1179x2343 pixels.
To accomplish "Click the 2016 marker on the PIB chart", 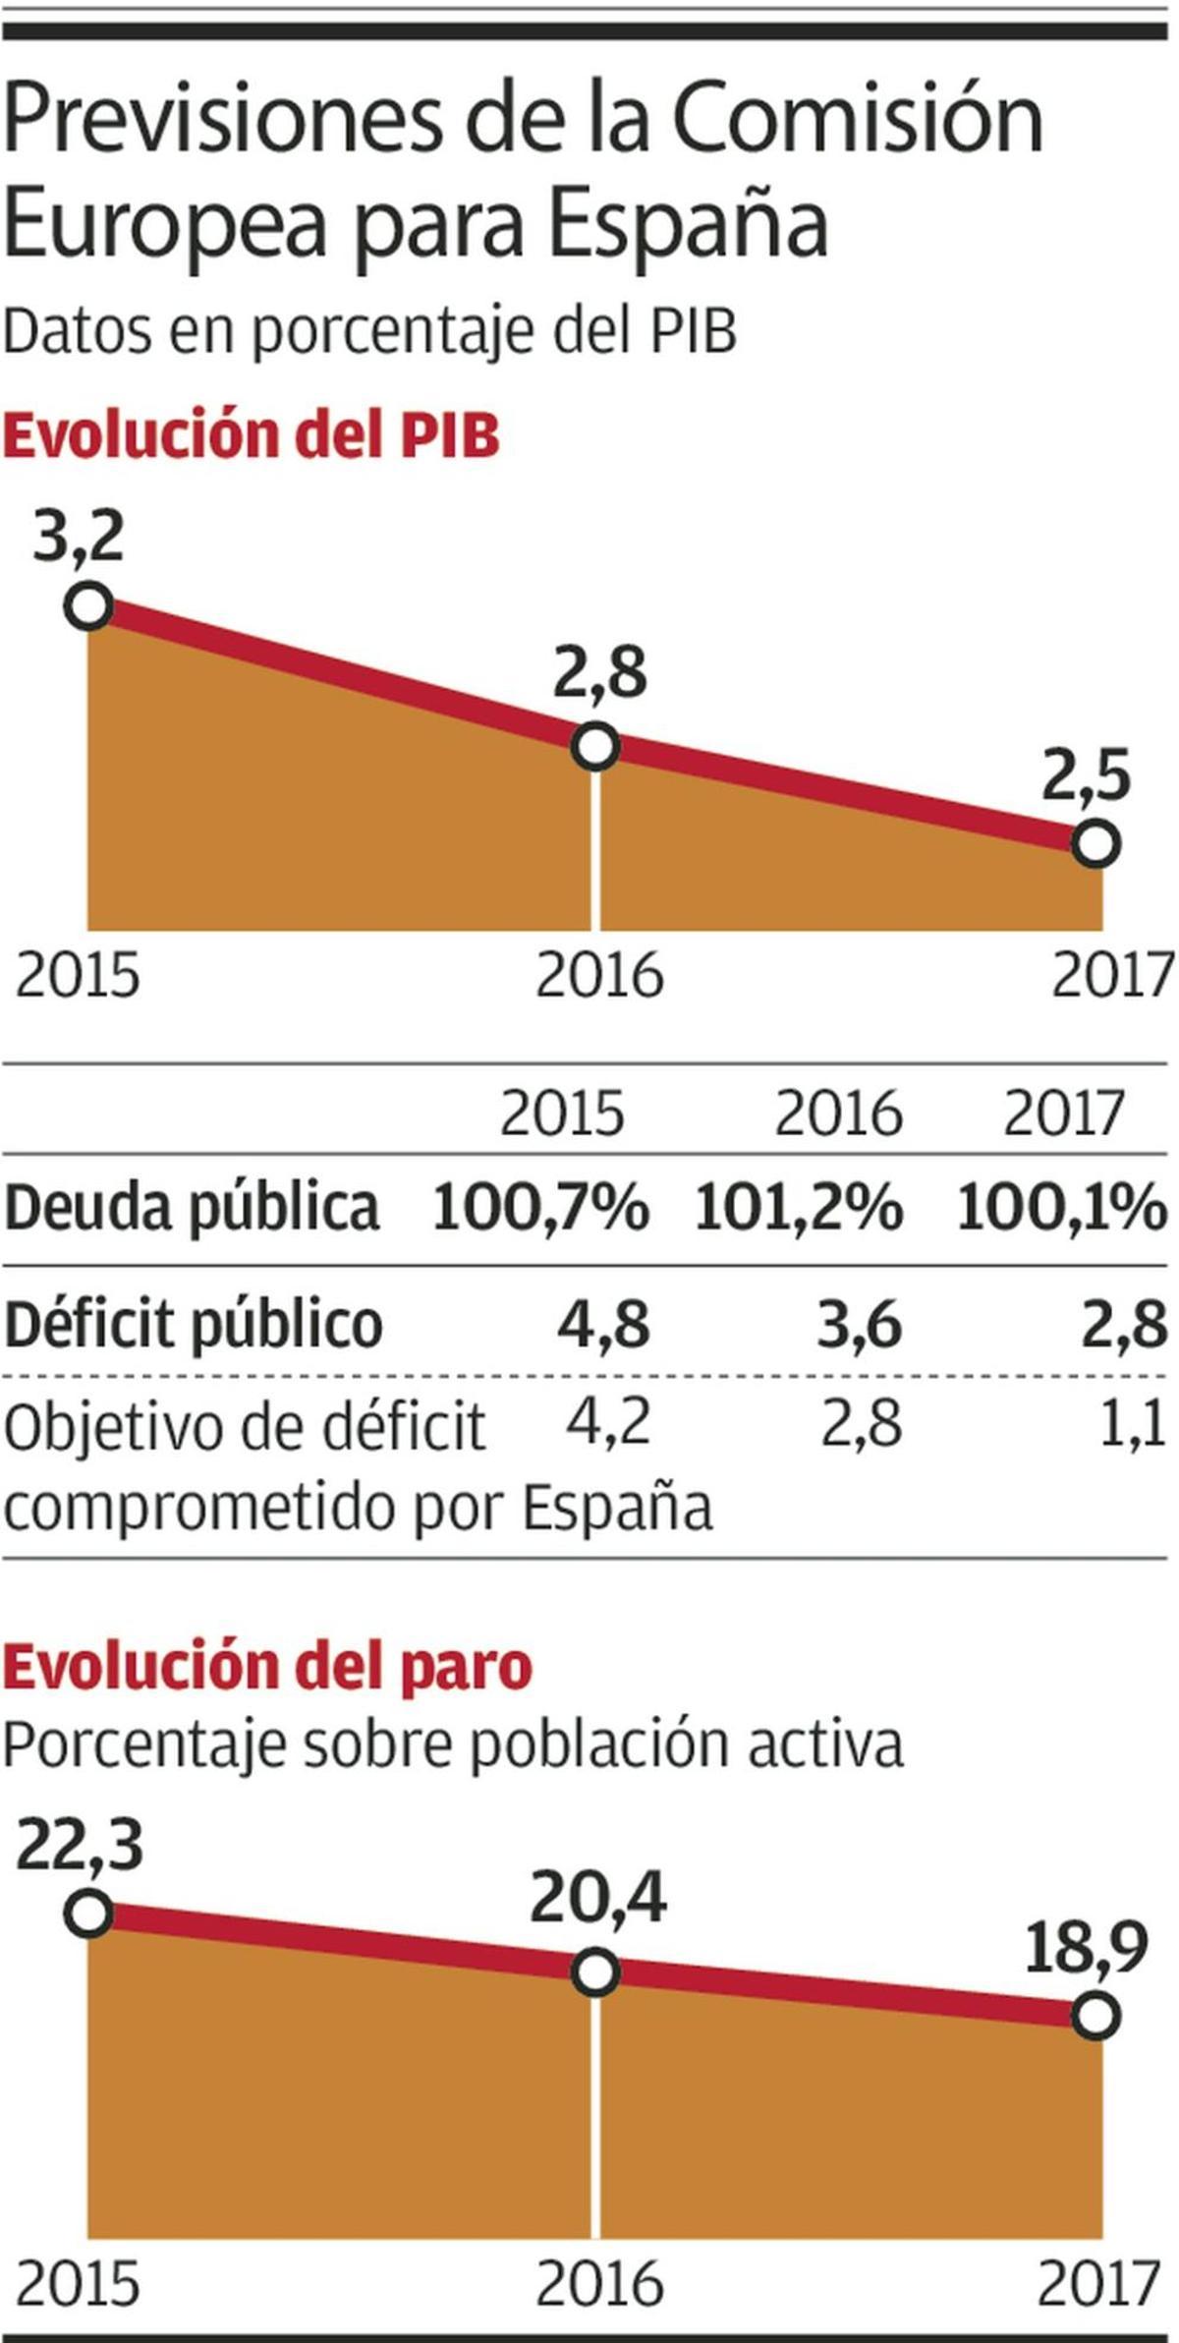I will click(595, 747).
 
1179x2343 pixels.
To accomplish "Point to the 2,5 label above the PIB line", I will click(1086, 775).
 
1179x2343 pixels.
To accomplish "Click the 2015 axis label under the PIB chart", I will click(79, 976).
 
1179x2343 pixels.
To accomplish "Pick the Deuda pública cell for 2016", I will click(798, 1207).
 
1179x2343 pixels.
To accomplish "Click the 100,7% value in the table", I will click(540, 1207).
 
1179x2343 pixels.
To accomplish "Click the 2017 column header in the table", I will click(1063, 1114).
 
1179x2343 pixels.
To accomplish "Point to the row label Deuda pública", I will click(192, 1207).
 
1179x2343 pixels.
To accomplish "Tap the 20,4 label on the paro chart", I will click(598, 1900).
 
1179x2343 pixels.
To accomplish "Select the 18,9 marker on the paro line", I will click(1096, 2016).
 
